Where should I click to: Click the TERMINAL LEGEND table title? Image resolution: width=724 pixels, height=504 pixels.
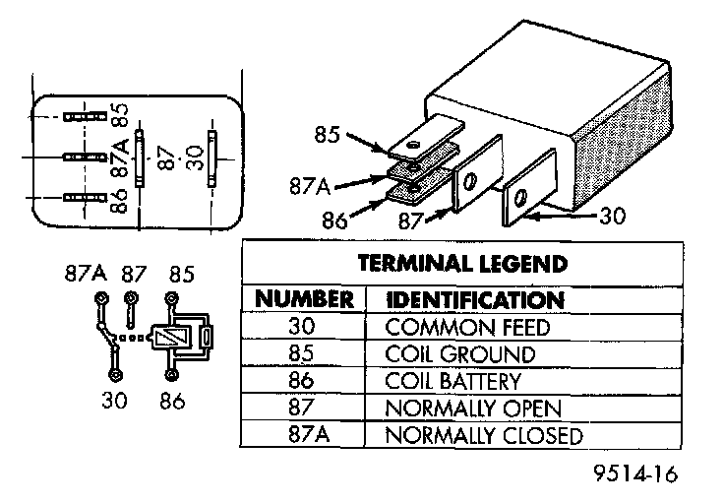coord(461,264)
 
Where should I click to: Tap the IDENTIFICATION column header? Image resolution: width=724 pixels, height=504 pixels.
coord(476,299)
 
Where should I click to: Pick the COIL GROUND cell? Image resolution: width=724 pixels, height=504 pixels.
coord(461,354)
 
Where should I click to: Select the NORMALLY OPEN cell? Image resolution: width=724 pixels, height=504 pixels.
coord(473,408)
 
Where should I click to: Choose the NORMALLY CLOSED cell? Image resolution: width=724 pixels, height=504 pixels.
coord(484,435)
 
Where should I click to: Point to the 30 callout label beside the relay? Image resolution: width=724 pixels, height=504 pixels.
coord(613,214)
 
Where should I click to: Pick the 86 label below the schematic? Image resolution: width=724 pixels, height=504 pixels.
coord(174,401)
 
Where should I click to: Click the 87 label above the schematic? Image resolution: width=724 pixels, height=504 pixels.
coord(133,273)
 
